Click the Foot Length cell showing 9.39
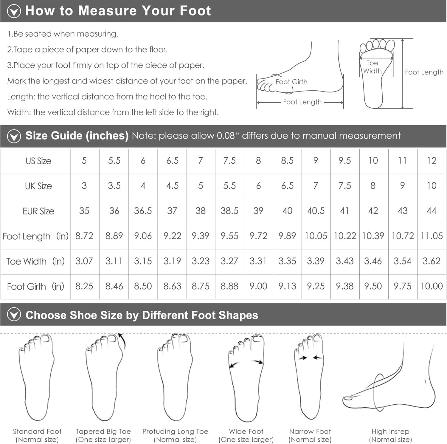pyautogui.click(x=200, y=236)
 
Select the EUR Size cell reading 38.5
pyautogui.click(x=229, y=211)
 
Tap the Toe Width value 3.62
pyautogui.click(x=431, y=261)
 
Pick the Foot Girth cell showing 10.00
pyautogui.click(x=432, y=286)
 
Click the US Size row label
pyautogui.click(x=38, y=161)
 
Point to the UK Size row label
pyautogui.click(x=38, y=186)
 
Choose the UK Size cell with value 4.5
pyautogui.click(x=172, y=186)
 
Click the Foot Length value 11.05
pyautogui.click(x=432, y=236)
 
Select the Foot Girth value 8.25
pyautogui.click(x=84, y=286)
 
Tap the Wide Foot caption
pyautogui.click(x=246, y=431)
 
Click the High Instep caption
pyautogui.click(x=390, y=431)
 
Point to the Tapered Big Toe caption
pyautogui.click(x=103, y=431)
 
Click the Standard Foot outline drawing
pyautogui.click(x=37, y=377)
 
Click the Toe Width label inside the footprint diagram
pyautogui.click(x=372, y=67)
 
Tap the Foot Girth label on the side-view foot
pyautogui.click(x=291, y=82)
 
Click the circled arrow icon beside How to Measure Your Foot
pyautogui.click(x=14, y=11)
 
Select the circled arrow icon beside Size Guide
pyautogui.click(x=14, y=136)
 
